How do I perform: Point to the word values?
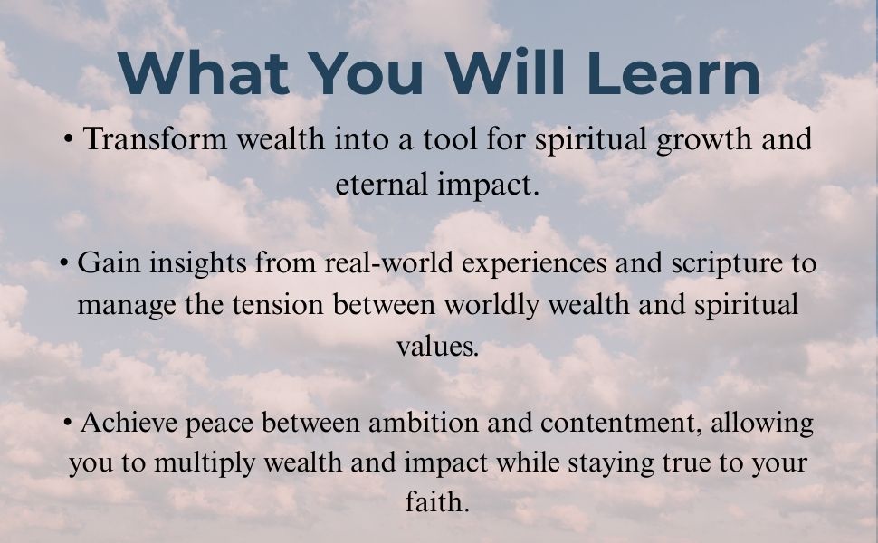click(437, 346)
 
